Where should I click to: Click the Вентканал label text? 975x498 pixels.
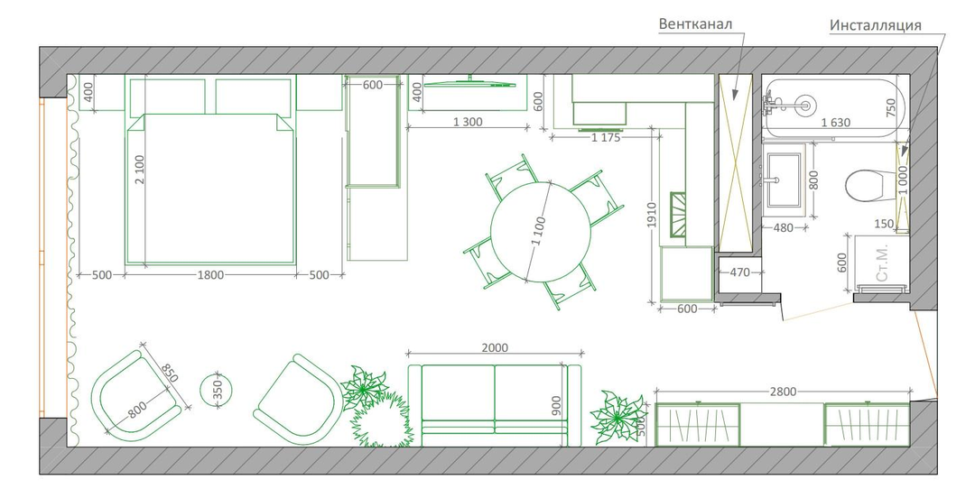point(695,24)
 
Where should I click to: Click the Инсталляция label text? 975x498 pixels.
point(875,25)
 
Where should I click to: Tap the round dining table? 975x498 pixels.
point(540,231)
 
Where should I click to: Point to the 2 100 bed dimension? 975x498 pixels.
point(139,170)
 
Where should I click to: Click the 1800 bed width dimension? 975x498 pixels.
point(210,275)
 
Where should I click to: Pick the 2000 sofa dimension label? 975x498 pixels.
point(495,348)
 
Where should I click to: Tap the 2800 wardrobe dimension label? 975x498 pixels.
point(783,392)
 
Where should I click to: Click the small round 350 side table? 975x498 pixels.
point(216,391)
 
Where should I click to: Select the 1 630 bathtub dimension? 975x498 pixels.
point(835,123)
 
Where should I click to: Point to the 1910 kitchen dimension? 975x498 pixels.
point(652,215)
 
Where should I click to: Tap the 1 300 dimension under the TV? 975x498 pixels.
point(468,123)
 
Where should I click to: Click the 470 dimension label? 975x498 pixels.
point(739,272)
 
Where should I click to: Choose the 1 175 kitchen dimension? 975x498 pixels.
point(606,138)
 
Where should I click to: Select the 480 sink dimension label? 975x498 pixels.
point(783,228)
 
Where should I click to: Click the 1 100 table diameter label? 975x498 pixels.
point(538,231)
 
